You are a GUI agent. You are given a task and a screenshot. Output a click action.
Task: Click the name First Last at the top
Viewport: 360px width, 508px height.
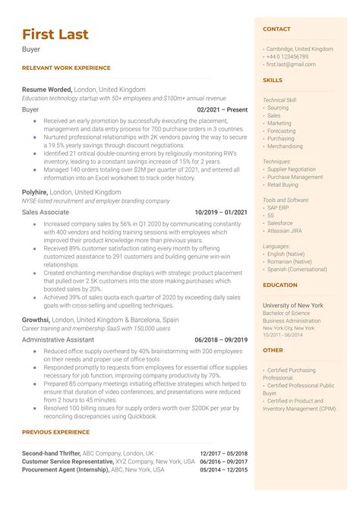(x=55, y=34)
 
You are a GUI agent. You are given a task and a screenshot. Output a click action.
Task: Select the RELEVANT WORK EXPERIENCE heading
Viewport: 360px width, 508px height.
(x=66, y=68)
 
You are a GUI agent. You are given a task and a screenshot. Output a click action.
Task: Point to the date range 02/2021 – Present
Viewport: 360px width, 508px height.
(x=222, y=109)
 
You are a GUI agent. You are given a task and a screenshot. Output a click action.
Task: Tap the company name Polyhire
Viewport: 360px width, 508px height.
(x=35, y=193)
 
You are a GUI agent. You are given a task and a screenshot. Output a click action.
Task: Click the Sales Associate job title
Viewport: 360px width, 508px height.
(x=46, y=213)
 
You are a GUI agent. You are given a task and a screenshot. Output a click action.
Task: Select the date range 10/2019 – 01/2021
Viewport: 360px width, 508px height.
(x=221, y=213)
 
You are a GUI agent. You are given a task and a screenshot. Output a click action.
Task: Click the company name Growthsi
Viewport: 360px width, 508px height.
(x=36, y=320)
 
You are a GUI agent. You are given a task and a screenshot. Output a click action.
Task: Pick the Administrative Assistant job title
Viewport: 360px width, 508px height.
(x=59, y=339)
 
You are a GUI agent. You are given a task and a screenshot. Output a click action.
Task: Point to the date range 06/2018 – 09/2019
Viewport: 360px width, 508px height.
(x=221, y=339)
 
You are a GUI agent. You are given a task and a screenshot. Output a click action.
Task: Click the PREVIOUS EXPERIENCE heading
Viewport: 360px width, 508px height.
(x=56, y=432)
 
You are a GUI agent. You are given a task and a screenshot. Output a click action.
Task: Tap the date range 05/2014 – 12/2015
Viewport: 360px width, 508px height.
(x=223, y=470)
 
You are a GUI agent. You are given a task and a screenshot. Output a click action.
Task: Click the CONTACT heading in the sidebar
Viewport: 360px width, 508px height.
(x=276, y=29)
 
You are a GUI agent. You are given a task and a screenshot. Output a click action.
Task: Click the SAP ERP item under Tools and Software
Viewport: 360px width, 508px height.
(x=277, y=207)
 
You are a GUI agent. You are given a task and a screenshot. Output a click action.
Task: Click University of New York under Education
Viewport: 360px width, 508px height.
(x=293, y=304)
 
